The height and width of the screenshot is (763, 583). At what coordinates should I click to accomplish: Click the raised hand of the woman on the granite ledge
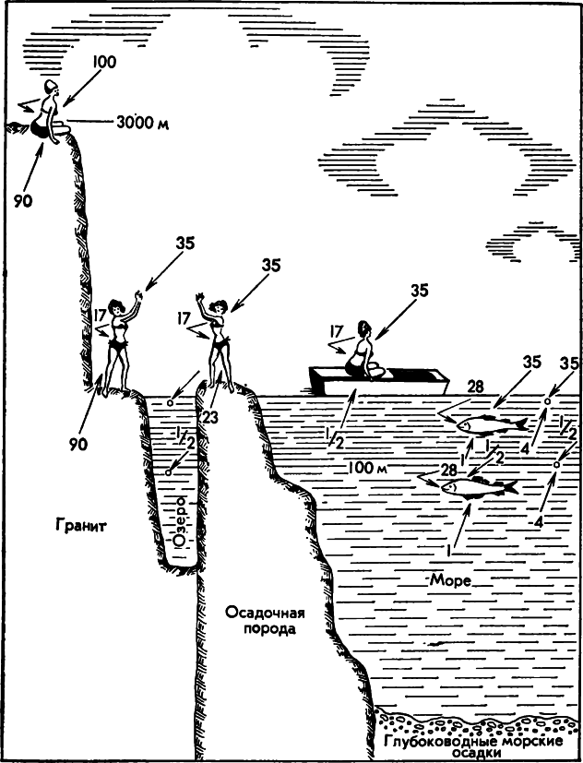[138, 298]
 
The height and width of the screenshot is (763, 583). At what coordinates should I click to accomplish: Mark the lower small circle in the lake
[167, 472]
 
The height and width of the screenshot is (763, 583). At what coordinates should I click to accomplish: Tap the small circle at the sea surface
[547, 401]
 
